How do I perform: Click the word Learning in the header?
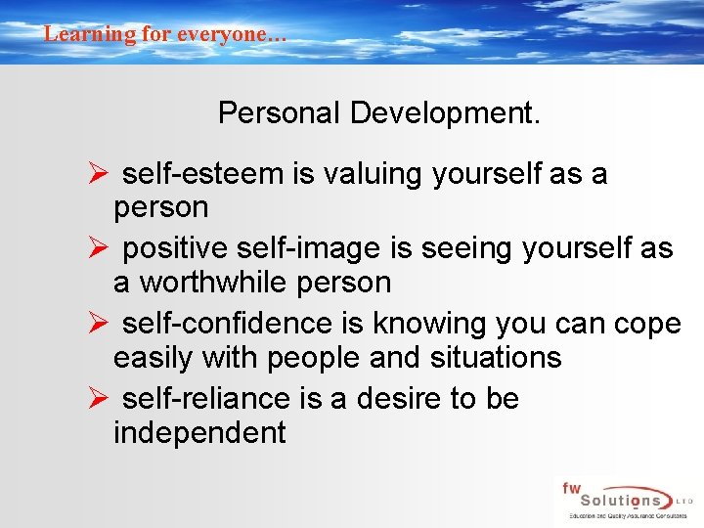(x=76, y=33)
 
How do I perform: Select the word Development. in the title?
(x=445, y=113)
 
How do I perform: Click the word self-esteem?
(x=202, y=174)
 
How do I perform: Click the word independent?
(x=199, y=433)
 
